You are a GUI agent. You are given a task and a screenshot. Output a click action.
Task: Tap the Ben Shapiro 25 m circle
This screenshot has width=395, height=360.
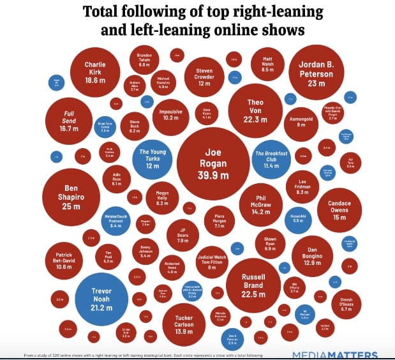[x=71, y=197]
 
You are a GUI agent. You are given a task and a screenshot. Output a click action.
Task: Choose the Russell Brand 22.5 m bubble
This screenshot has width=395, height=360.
[x=253, y=285]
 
